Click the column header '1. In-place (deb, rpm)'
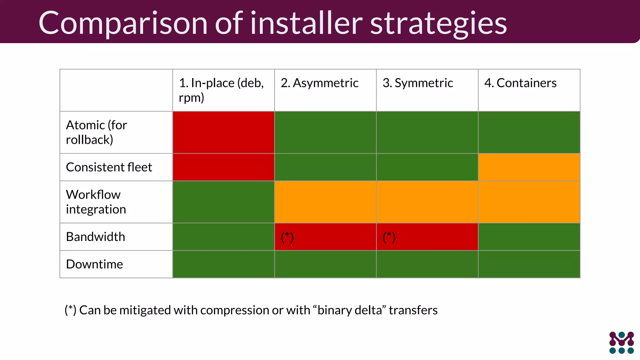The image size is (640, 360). [221, 90]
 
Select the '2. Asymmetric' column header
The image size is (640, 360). [319, 83]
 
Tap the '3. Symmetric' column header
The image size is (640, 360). [418, 83]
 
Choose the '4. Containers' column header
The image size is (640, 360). [520, 83]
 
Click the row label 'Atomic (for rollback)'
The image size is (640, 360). [96, 132]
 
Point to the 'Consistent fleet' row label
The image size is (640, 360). [109, 167]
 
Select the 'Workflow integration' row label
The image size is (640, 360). [96, 202]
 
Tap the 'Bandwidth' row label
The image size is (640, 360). [95, 237]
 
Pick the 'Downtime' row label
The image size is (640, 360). [94, 264]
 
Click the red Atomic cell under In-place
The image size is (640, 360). [223, 132]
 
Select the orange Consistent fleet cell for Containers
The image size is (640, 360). [529, 167]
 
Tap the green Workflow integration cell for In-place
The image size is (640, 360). [223, 202]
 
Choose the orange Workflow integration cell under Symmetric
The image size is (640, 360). [427, 202]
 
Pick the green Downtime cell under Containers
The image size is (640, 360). [529, 264]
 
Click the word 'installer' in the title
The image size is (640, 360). [306, 23]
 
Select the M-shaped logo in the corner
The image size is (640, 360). [621, 342]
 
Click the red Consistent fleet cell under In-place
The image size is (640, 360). [223, 167]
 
